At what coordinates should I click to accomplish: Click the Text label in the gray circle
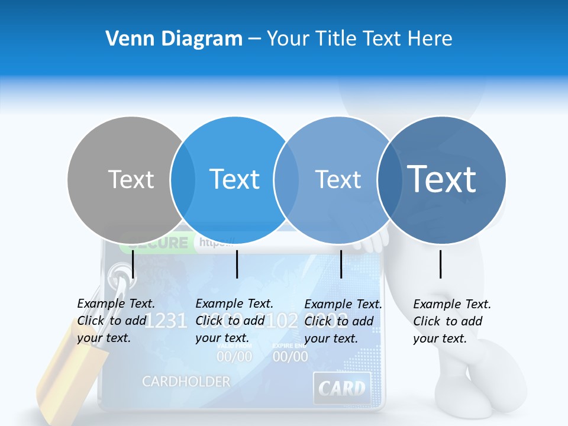coord(131,179)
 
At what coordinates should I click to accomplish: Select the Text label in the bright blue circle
coord(234,179)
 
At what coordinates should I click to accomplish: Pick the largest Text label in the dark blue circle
coord(441,179)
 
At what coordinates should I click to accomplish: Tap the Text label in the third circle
coord(338,179)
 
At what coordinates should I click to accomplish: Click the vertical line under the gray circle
coord(133,264)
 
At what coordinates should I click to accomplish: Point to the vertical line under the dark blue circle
coord(441,264)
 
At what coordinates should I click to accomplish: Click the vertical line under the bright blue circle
coord(237,264)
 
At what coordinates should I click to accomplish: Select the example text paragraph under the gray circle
coord(116,321)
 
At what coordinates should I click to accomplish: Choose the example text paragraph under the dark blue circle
coord(451,321)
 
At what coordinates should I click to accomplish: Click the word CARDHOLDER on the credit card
coord(186,382)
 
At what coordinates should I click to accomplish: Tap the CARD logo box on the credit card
coord(342,389)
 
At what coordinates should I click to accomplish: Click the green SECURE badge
coord(154,243)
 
